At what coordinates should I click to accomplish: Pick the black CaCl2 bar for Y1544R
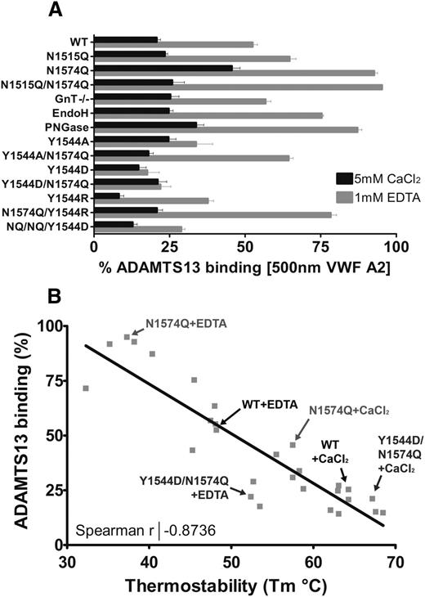(107, 195)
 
